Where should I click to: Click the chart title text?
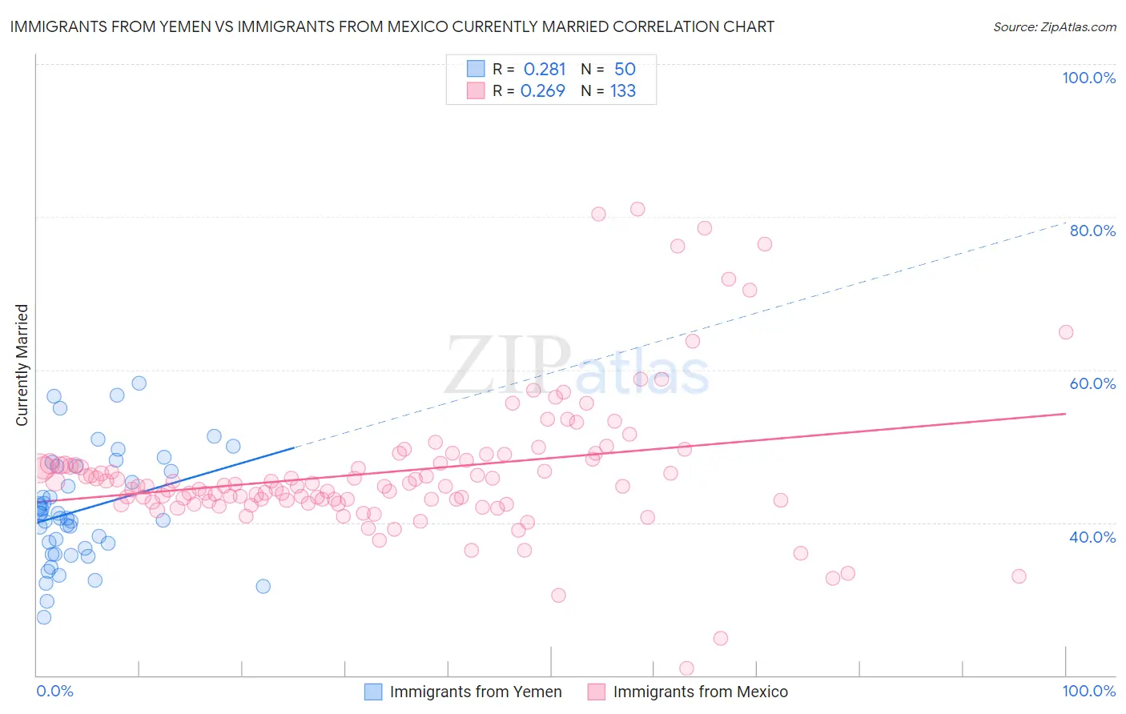(392, 26)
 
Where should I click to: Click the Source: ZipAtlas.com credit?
(1054, 26)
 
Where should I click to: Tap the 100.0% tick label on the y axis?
(1088, 78)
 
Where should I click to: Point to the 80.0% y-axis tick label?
(1092, 231)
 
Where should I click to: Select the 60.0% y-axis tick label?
(1092, 383)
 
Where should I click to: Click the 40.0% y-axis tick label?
(1092, 537)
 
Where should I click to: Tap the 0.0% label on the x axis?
(54, 691)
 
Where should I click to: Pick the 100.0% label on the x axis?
(1088, 691)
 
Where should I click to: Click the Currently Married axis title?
(22, 365)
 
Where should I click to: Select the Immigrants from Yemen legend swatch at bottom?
(373, 692)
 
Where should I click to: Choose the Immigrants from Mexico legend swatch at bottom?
(596, 692)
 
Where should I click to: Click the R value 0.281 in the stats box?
(545, 69)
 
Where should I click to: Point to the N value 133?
(623, 90)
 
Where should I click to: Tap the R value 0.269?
(543, 90)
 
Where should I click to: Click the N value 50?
(625, 69)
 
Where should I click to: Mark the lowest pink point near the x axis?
(686, 668)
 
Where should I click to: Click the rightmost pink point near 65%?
(1066, 332)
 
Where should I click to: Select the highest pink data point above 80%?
(637, 209)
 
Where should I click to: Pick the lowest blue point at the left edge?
(44, 617)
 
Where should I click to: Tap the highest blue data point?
(139, 383)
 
